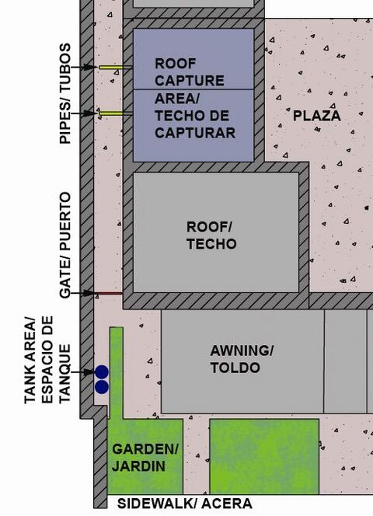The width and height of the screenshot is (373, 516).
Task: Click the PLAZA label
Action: (x=317, y=116)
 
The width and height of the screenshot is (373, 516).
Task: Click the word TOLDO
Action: (x=235, y=368)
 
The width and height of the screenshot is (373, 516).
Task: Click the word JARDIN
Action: (x=138, y=466)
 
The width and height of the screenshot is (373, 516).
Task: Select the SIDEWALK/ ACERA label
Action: (x=185, y=504)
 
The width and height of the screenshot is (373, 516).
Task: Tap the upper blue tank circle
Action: (x=102, y=372)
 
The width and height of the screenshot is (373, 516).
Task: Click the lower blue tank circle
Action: (x=102, y=387)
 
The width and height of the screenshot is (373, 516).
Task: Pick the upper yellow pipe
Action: (x=111, y=68)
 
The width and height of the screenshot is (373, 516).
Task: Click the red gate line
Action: (x=109, y=293)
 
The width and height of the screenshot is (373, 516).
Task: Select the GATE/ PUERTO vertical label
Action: (x=64, y=245)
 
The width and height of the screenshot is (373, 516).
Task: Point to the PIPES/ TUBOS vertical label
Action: (x=64, y=93)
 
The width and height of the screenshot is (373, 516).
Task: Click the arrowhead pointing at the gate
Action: (x=89, y=293)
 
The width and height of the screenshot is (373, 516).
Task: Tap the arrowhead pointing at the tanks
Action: (x=89, y=372)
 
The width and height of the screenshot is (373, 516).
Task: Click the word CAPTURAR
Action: (x=195, y=133)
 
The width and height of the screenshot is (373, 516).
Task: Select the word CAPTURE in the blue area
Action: (x=190, y=81)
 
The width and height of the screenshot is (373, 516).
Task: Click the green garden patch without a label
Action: (x=264, y=456)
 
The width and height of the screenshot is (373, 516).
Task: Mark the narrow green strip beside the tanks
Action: (x=117, y=373)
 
